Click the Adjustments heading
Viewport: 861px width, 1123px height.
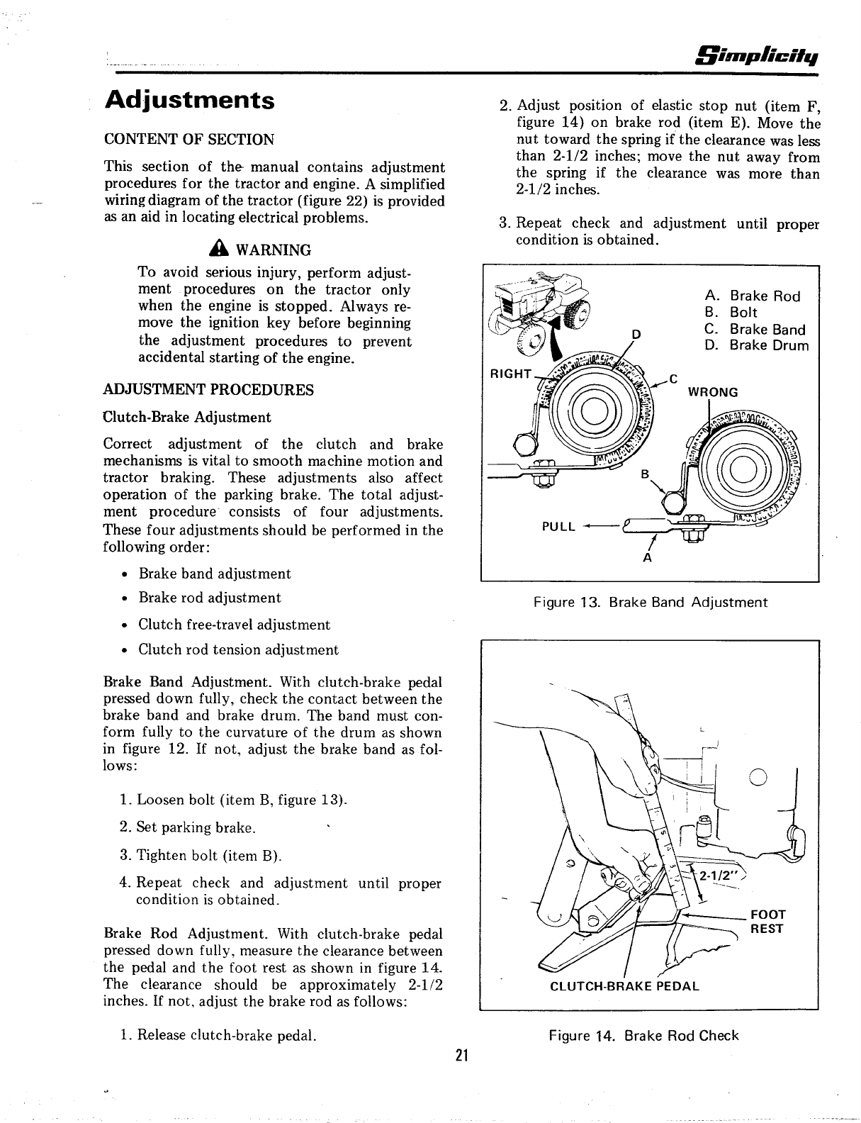pos(189,99)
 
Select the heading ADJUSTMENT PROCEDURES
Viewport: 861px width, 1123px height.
pos(208,390)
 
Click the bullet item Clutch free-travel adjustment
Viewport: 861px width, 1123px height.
pos(234,625)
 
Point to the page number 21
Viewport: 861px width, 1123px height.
pos(462,1056)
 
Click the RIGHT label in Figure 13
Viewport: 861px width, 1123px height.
pos(510,373)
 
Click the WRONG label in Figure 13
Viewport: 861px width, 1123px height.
pos(714,392)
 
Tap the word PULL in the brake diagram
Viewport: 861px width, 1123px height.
pos(558,527)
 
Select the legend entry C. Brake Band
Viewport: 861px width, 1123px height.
pos(755,329)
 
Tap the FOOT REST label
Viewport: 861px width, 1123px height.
pos(767,922)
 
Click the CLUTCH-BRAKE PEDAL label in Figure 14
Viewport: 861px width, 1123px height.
pos(624,985)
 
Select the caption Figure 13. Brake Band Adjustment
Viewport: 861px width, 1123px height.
pos(650,603)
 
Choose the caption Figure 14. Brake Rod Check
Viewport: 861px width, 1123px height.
pos(643,1036)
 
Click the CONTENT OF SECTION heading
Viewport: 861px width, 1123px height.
pos(189,139)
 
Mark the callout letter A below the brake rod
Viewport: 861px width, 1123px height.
pos(646,558)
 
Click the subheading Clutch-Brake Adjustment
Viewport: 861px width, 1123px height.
pos(187,417)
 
